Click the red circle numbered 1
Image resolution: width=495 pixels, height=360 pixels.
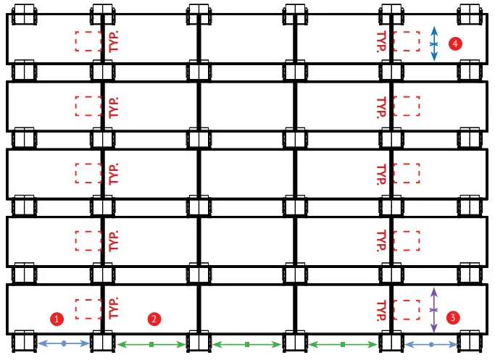tap(55, 318)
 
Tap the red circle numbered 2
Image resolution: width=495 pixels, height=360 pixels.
tap(153, 318)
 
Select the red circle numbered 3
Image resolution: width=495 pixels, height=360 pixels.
tap(453, 317)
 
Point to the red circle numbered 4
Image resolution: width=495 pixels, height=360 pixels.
tap(454, 44)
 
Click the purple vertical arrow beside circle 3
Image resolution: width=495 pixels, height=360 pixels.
tap(434, 310)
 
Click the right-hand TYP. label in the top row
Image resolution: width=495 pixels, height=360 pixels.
tap(380, 41)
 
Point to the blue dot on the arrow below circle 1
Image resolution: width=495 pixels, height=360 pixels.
tap(64, 343)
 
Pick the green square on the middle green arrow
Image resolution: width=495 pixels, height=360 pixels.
tap(247, 343)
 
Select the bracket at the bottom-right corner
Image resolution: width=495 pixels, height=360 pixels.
tap(470, 342)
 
